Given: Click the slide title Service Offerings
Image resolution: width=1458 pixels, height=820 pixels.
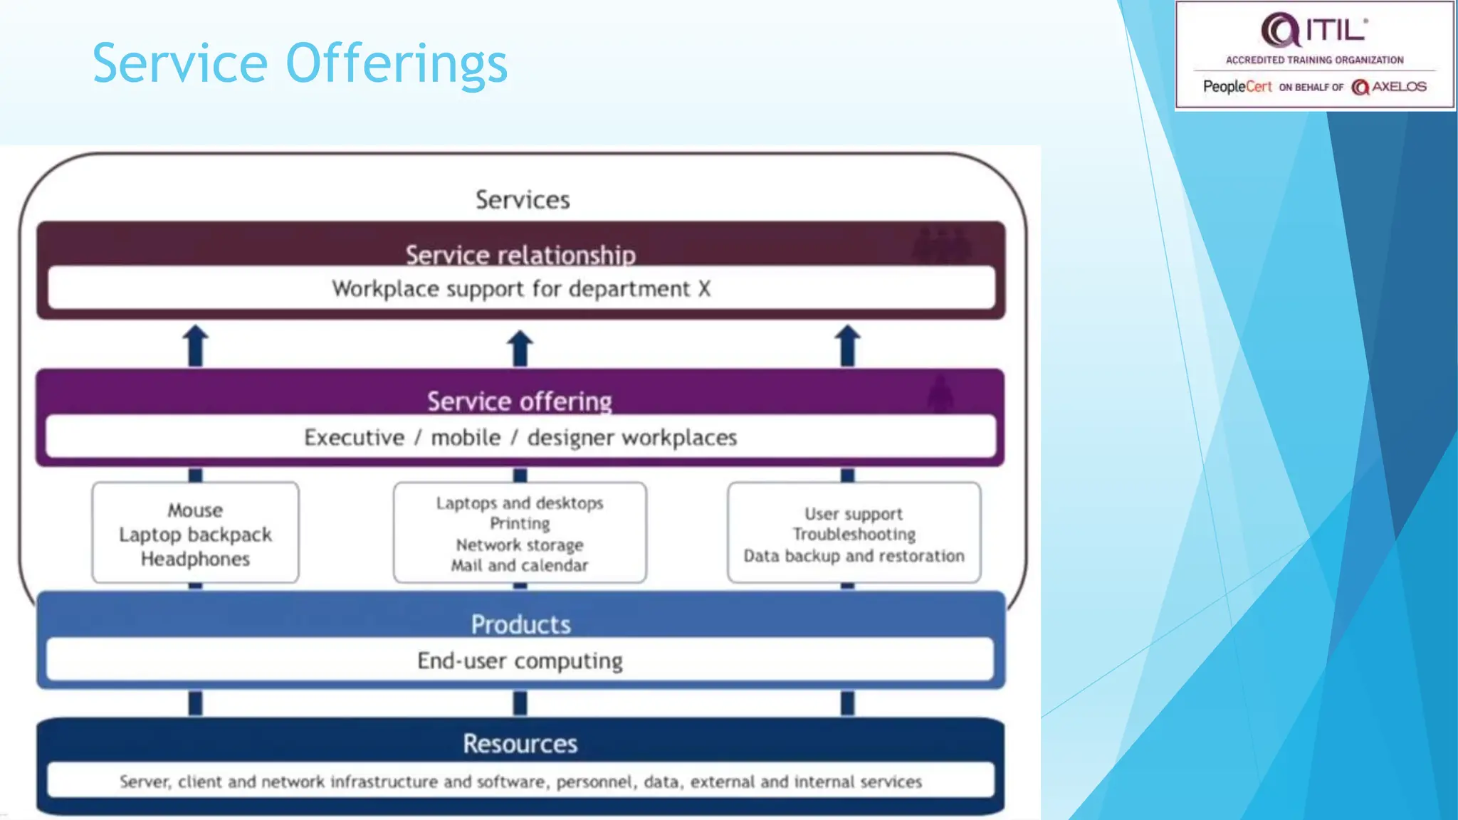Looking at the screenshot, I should click(x=300, y=63).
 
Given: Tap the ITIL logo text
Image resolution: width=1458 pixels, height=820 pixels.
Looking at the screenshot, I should click(x=1335, y=31).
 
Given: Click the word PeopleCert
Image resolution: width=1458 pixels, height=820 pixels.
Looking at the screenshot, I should click(x=1237, y=87).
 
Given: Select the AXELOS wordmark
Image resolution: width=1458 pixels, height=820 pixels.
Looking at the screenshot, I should click(x=1398, y=87).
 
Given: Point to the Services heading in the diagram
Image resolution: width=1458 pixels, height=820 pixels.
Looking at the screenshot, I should click(x=523, y=200).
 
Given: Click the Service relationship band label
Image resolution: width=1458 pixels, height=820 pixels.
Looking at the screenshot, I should click(x=520, y=254).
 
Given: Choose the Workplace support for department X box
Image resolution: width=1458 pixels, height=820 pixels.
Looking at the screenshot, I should click(x=521, y=289).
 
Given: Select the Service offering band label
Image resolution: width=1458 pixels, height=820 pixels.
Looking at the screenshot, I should click(x=520, y=401).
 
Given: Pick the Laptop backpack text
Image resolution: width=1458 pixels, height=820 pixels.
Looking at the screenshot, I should click(x=195, y=535).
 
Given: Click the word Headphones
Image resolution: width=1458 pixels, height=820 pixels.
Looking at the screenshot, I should click(x=195, y=559).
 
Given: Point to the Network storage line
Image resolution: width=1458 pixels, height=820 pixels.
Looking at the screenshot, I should click(x=520, y=545).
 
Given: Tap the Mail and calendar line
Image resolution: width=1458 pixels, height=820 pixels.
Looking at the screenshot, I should click(x=520, y=566).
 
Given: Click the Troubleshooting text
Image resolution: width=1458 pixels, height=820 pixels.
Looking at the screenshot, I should click(x=854, y=535).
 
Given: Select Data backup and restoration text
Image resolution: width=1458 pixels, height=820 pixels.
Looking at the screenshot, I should click(x=854, y=556).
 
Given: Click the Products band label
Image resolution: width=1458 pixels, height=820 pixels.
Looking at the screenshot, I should click(x=520, y=624).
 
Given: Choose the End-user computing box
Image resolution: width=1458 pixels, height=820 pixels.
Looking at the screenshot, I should click(x=520, y=661).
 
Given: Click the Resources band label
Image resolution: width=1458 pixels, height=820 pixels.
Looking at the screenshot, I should click(x=520, y=744).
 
